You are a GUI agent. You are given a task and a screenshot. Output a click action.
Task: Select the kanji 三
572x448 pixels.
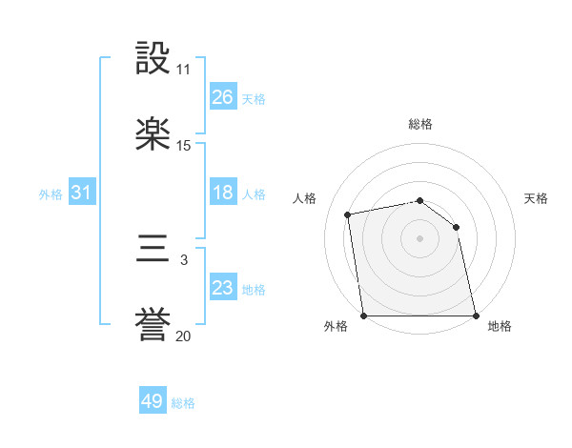coord(153,252)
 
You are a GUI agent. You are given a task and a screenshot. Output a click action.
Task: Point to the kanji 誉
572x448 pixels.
coord(153,327)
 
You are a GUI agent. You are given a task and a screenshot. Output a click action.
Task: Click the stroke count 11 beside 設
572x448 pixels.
coord(183,70)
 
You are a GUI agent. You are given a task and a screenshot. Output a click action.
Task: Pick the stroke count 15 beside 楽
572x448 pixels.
coord(183,146)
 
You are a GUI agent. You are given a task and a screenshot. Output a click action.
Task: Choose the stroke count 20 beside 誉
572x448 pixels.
coord(183,336)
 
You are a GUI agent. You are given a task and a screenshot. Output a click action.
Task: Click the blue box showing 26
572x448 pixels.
coord(222,97)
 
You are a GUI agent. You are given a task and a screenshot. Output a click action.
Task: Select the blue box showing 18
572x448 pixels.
coord(222,193)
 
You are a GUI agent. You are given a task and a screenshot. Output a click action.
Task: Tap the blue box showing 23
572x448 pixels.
coord(222,288)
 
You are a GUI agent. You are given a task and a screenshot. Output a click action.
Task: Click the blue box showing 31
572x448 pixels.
coord(82,193)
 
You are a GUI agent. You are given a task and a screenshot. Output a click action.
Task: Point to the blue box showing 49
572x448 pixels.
coord(153,401)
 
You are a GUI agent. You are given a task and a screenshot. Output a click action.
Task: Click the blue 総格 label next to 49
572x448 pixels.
coord(184,403)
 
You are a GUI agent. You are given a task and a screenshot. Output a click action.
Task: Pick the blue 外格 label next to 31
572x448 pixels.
coord(51,193)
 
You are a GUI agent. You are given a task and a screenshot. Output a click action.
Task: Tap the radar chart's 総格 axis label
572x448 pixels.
coord(420,124)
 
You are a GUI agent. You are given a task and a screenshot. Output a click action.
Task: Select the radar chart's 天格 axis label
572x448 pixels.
coord(537,198)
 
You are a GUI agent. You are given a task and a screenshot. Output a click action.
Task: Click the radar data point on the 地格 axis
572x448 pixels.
coord(476,316)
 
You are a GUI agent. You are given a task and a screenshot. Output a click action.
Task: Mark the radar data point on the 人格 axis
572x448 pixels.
coord(349,214)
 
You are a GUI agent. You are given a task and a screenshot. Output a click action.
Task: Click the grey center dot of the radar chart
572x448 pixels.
coord(419,237)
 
